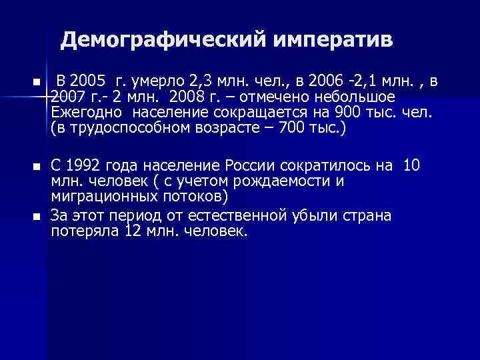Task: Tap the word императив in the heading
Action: coord(333,41)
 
